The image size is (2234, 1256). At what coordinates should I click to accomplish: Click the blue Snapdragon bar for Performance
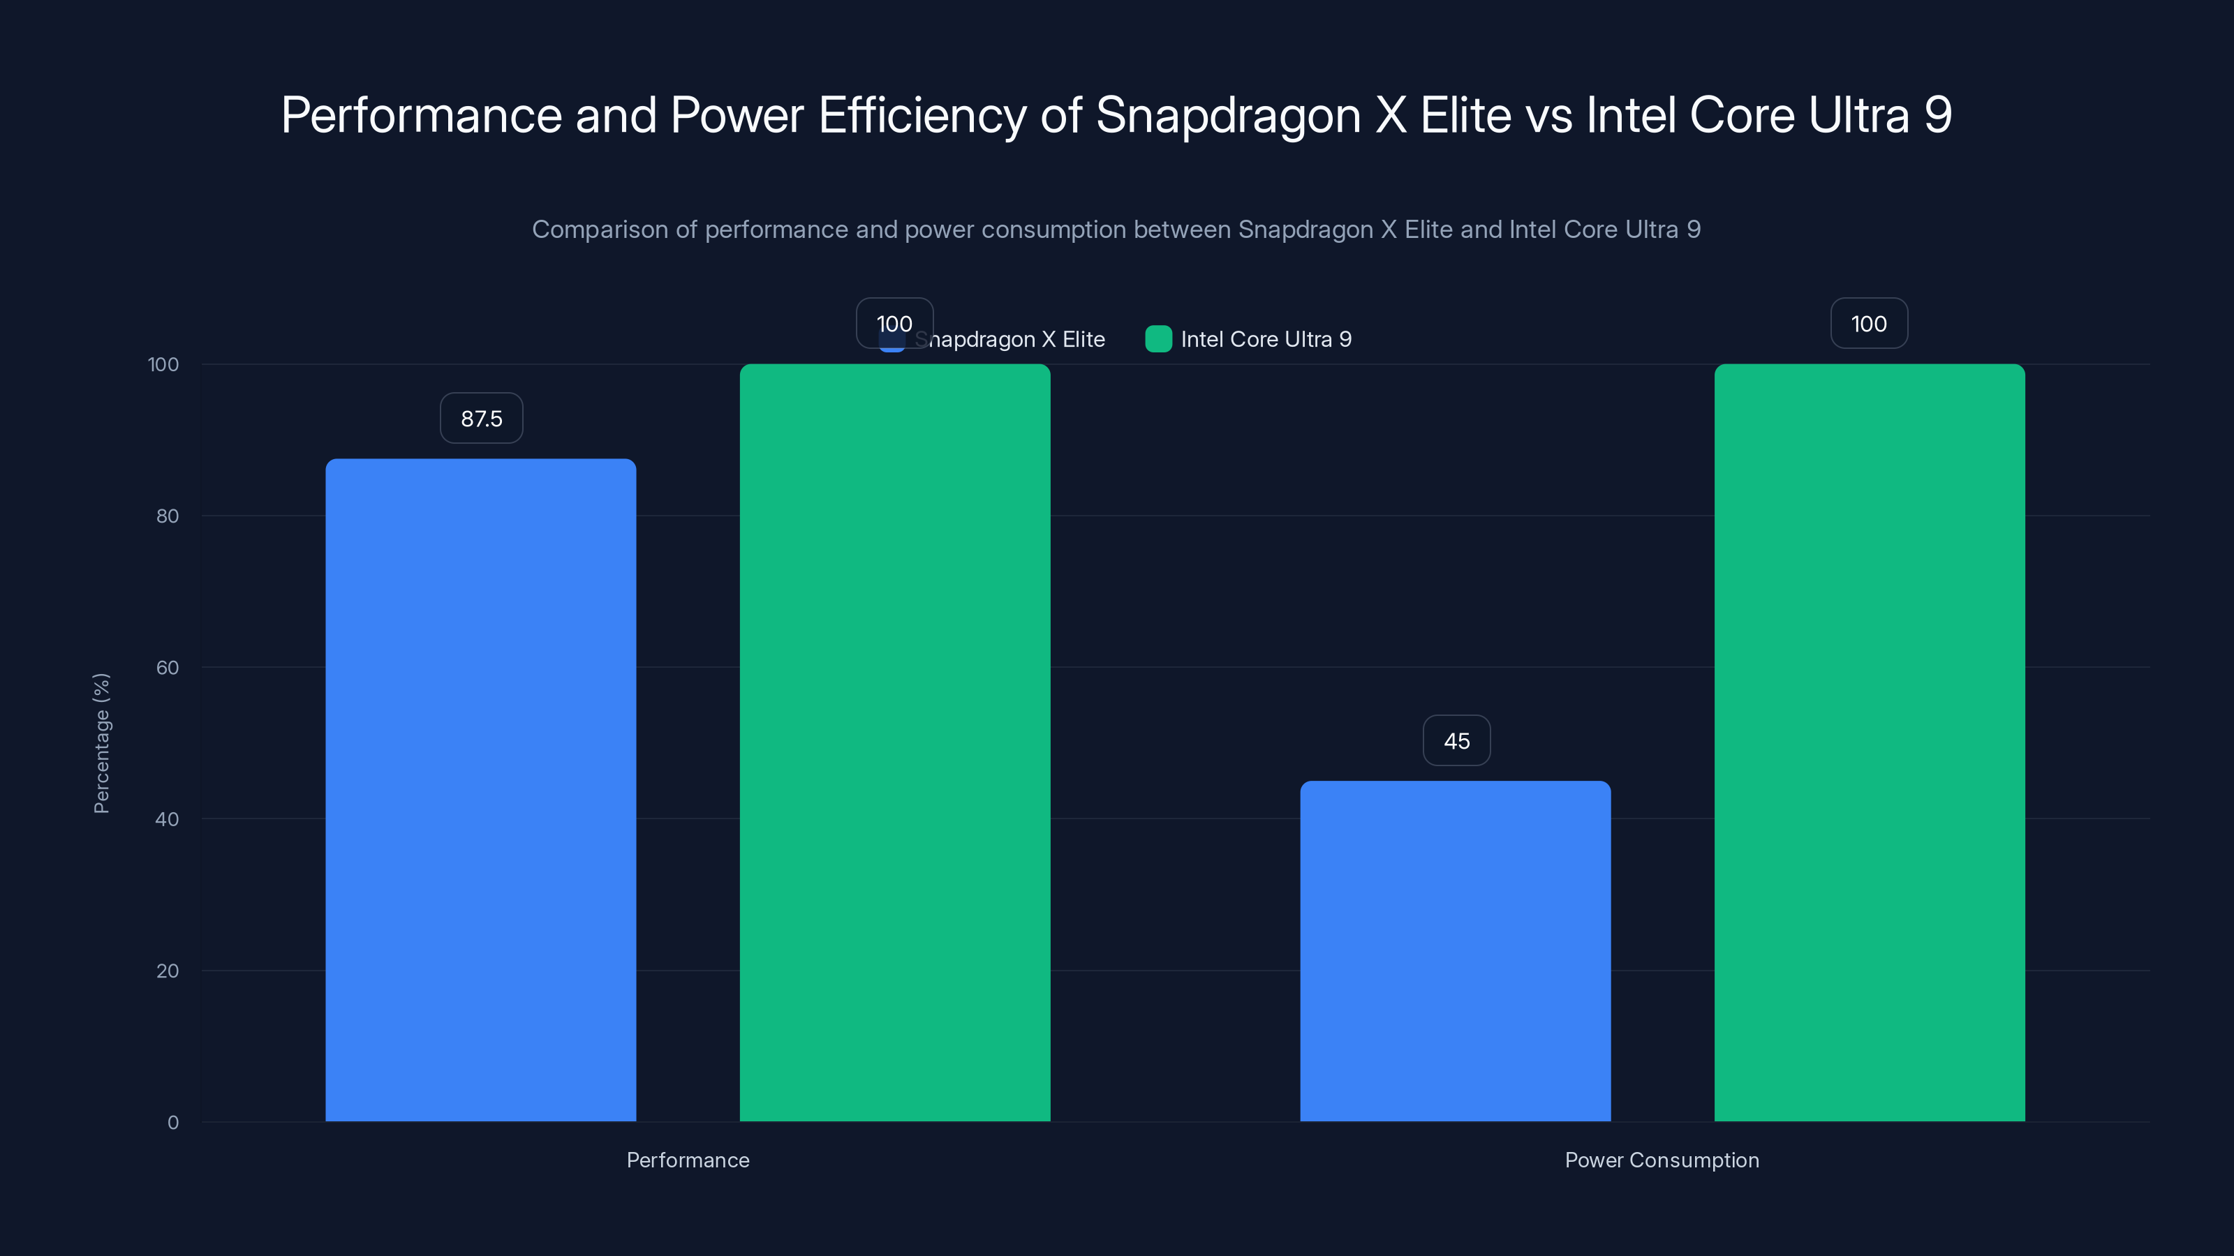(480, 788)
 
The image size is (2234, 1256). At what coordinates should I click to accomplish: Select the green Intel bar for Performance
(894, 742)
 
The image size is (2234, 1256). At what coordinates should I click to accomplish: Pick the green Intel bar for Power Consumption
(1869, 742)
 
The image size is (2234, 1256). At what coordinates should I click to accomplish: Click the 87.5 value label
(481, 419)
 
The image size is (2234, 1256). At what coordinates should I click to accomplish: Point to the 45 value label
(1456, 741)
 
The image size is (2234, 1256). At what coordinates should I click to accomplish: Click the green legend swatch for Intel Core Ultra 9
(1157, 339)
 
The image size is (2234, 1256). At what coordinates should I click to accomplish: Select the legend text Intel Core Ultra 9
(1265, 339)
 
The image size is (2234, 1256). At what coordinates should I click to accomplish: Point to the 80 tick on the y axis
(168, 516)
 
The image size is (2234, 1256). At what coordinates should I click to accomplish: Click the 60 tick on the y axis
(168, 668)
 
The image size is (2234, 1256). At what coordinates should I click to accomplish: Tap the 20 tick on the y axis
(168, 971)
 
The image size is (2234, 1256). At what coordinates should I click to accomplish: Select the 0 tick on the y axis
(172, 1123)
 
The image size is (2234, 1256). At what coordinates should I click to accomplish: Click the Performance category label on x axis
(688, 1160)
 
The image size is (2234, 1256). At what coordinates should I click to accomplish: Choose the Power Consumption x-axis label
(1662, 1160)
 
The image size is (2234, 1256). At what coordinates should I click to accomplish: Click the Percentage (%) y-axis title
(101, 743)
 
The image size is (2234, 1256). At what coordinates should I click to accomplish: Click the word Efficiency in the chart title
(922, 115)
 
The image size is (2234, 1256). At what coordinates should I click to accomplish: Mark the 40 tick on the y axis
(168, 819)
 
